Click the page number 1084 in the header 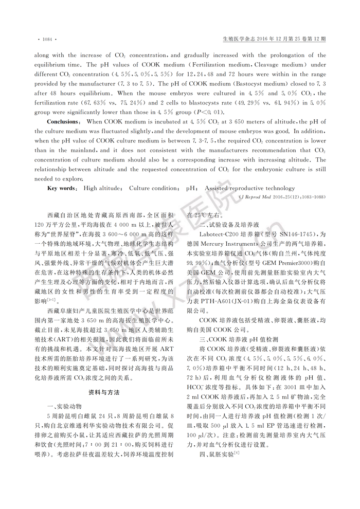(x=47, y=39)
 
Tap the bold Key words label (x=63, y=188)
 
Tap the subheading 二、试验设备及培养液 (x=225, y=225)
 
